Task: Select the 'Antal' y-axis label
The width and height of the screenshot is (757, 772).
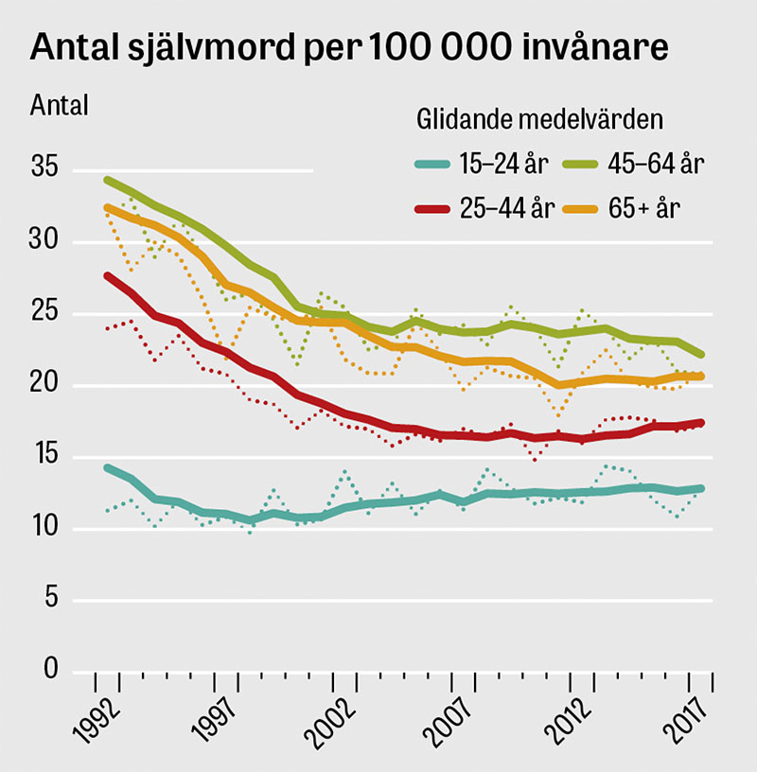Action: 60,105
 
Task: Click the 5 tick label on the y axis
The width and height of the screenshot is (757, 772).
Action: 51,600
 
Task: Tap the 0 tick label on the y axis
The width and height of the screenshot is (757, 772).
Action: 51,671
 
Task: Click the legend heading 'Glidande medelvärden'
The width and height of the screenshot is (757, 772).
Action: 538,120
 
